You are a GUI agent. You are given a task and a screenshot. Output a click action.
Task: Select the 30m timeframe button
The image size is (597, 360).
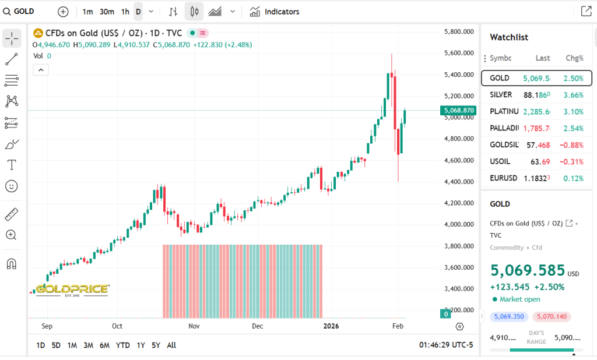coord(107,12)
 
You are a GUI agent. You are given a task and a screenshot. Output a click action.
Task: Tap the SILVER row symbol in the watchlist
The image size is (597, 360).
coord(501,94)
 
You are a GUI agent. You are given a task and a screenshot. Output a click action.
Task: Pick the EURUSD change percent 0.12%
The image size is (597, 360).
coord(574,178)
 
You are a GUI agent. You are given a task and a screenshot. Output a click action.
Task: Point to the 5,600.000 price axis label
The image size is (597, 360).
coord(458,53)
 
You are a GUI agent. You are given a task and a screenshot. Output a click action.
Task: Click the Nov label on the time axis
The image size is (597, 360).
coord(194,326)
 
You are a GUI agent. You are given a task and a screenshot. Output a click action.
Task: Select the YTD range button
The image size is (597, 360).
coord(122,345)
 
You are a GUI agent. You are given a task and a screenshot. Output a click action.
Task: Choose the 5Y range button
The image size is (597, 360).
coord(156,345)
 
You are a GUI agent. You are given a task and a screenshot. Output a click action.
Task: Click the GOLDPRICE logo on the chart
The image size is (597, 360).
coord(72,290)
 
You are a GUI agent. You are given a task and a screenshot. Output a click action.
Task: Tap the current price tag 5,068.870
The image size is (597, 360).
coord(459,110)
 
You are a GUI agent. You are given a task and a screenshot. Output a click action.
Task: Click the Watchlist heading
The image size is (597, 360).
coord(508,37)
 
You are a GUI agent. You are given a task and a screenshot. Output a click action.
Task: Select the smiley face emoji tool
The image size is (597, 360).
coord(11,186)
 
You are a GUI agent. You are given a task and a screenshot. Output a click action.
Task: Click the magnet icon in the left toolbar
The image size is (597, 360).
coord(11,264)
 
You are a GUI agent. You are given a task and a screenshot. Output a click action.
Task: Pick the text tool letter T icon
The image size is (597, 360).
coord(11,165)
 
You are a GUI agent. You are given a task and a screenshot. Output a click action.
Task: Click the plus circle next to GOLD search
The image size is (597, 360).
coord(63,12)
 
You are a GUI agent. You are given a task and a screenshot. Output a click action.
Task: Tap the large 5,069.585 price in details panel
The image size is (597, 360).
coord(528,270)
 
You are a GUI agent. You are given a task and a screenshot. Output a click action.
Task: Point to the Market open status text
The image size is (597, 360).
coord(519,299)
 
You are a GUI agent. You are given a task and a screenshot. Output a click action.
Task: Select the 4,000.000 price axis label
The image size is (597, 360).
coord(458,224)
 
